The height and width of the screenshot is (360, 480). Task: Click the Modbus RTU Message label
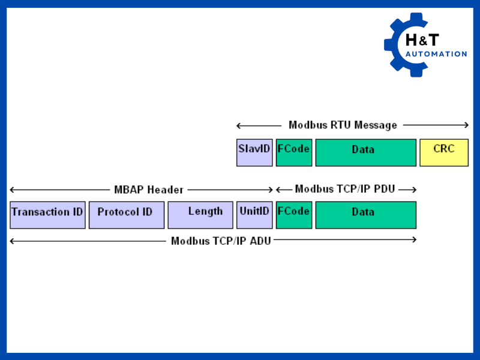tap(343, 125)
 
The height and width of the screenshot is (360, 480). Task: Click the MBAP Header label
tap(149, 190)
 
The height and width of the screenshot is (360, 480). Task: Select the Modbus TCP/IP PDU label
tap(345, 190)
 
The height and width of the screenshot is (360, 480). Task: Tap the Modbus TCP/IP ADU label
tap(221, 241)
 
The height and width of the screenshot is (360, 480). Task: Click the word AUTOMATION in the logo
tap(436, 54)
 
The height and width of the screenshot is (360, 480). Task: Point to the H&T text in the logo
tap(422, 40)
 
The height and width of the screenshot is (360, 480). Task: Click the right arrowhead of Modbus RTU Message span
tap(466, 125)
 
